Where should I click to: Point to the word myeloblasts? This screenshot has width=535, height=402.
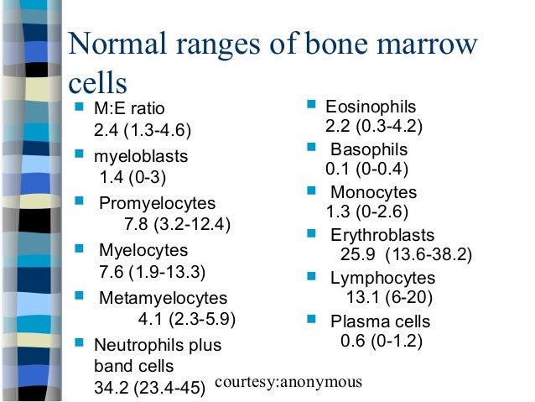[141, 156]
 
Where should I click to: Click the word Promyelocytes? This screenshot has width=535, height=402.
[158, 203]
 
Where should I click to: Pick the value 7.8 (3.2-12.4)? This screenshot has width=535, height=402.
[177, 225]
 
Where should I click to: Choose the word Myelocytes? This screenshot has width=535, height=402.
[143, 250]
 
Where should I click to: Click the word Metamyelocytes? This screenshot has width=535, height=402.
[163, 297]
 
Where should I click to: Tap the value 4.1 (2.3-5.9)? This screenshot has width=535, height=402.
[187, 319]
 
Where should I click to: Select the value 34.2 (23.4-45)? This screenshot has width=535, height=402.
[150, 389]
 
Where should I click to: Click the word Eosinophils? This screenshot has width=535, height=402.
[370, 107]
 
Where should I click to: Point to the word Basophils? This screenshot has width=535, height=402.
[369, 149]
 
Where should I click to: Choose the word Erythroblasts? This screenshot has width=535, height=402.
[382, 234]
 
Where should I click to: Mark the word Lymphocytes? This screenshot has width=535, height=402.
[382, 278]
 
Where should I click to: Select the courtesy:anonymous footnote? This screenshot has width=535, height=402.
[288, 382]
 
